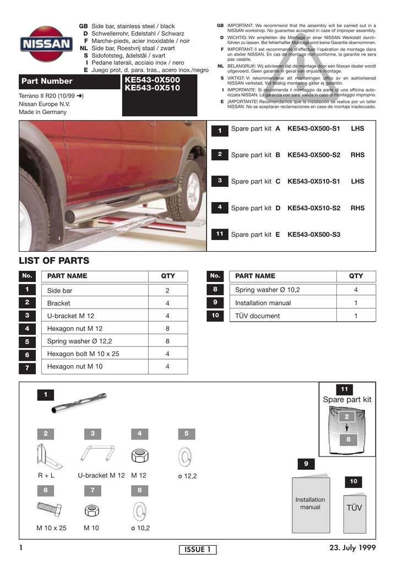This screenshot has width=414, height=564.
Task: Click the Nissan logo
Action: click(x=46, y=44)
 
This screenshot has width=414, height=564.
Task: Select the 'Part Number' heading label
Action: click(x=47, y=82)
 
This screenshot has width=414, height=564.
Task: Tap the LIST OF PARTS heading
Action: click(x=54, y=261)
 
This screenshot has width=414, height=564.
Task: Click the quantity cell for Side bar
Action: click(x=167, y=290)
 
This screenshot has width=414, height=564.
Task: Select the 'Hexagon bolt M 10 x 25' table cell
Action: click(x=83, y=354)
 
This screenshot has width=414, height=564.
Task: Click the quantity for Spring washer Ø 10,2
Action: click(x=356, y=290)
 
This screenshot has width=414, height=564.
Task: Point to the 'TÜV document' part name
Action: click(x=257, y=316)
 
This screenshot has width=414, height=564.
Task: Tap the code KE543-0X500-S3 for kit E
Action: click(x=314, y=235)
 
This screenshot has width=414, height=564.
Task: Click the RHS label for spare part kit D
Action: click(x=357, y=208)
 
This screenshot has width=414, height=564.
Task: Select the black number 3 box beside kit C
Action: click(x=220, y=181)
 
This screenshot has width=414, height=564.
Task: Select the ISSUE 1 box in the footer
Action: click(x=198, y=550)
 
